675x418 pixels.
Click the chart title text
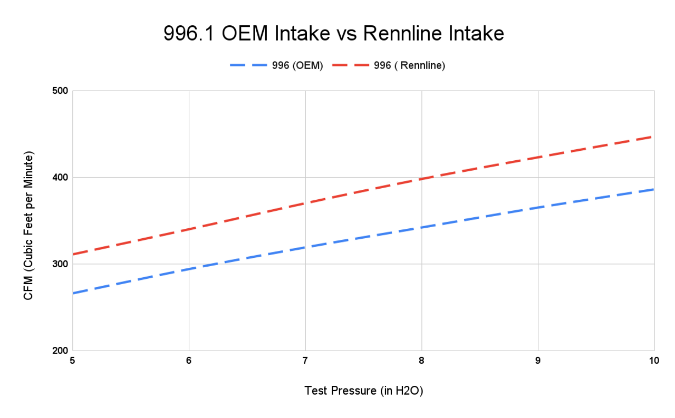[334, 34]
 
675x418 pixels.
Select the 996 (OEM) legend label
[297, 65]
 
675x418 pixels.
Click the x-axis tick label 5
[72, 361]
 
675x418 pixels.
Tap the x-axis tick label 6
[189, 361]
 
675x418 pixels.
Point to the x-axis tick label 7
[305, 361]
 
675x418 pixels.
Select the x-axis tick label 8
[421, 361]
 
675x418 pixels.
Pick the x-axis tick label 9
[538, 361]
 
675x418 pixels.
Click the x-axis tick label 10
[654, 361]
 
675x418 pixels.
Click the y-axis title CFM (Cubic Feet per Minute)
[28, 227]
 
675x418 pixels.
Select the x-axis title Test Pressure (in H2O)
[364, 391]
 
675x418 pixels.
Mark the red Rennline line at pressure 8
[421, 179]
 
